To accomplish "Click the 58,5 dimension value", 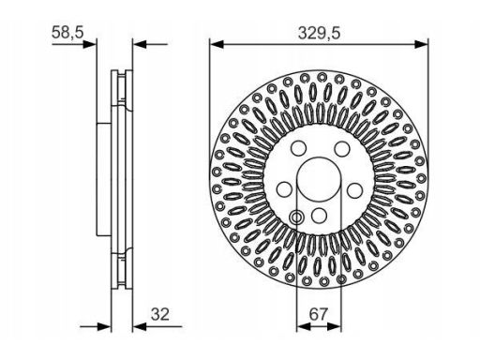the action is coord(67,32).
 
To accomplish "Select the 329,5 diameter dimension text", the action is coord(319,33).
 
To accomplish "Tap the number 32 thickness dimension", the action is coord(160,314).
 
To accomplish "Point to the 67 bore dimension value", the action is coord(318,314).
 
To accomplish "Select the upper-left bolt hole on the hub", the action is coord(298,148).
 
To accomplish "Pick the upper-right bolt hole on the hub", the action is coord(341,149).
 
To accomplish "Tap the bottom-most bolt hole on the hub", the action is coord(320,216).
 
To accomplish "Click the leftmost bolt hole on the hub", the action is coord(285,189).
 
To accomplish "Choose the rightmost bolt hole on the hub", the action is coord(355,190).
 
